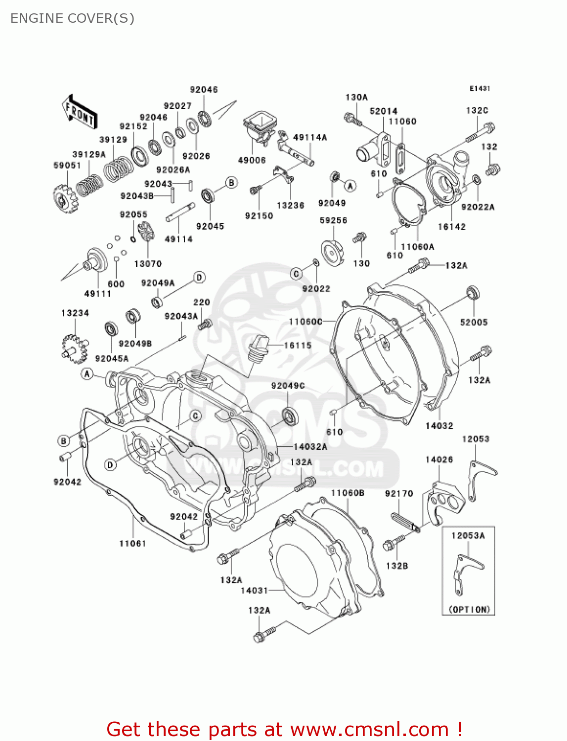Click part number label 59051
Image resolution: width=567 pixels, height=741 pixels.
pos(67,165)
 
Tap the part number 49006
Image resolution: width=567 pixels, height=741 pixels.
pos(252,161)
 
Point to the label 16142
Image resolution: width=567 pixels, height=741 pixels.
pos(451,227)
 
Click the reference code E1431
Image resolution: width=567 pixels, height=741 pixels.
pos(480,88)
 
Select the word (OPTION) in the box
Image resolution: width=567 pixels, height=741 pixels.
pos(469,610)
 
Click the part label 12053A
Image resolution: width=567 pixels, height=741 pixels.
pos(468,535)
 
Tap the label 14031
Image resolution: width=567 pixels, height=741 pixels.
pos(254,590)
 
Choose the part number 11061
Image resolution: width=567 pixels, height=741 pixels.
pos(132,543)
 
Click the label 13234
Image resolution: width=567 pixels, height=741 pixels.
pos(75,313)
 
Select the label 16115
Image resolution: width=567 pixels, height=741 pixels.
pos(298,345)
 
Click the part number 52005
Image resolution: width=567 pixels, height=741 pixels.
pos(473,322)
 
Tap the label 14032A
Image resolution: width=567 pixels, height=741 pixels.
pos(310,447)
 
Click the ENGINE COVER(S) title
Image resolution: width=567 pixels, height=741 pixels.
pos(72,18)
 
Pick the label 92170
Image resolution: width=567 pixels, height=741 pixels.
pos(398,494)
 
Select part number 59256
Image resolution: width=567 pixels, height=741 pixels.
pos(333,220)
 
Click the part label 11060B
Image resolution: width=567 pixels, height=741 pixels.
pos(348,493)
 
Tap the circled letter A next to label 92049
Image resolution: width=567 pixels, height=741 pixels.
pos(350,186)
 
